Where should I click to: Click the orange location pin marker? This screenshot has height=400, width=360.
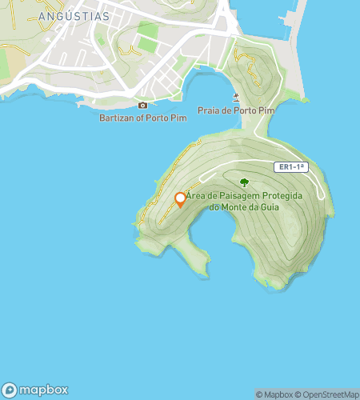(x=181, y=199)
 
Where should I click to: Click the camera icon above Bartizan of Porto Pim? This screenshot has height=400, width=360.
(x=143, y=105)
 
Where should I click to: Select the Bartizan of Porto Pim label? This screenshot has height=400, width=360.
(x=142, y=118)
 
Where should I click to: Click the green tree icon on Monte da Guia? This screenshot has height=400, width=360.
(x=244, y=182)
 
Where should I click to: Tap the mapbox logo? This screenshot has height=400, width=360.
(x=35, y=390)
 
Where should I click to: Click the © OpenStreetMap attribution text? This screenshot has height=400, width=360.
(x=328, y=394)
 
